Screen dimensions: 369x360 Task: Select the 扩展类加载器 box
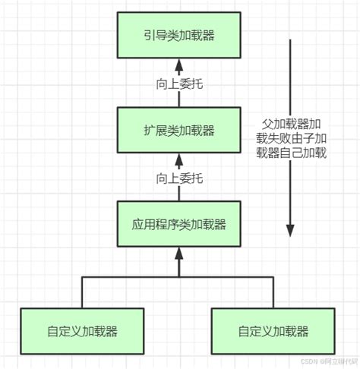pos(178,130)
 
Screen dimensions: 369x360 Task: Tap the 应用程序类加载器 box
pos(178,224)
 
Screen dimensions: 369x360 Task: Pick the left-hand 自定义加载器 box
pos(81,331)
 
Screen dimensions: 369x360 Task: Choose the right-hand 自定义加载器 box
pos(273,331)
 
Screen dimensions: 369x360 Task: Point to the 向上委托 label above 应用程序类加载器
pos(178,179)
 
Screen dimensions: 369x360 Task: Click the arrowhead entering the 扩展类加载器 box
pos(178,158)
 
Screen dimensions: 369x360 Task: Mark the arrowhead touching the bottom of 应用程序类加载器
pos(178,252)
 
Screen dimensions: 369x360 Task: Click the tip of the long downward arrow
pos(289,229)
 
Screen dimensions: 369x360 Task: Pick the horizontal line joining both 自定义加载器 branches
pos(178,279)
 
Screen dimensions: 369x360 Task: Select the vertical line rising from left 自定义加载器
pos(81,293)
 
